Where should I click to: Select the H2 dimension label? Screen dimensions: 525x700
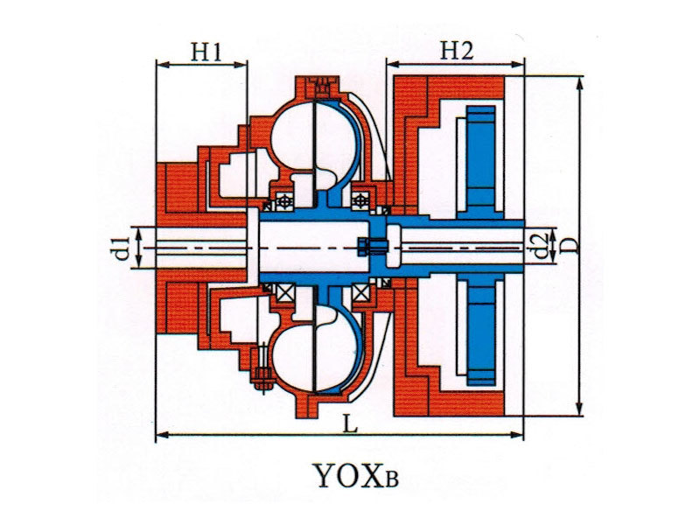pos(456,52)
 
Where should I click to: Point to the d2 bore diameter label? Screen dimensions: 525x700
pos(542,246)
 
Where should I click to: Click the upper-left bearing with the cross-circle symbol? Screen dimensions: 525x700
pos(282,200)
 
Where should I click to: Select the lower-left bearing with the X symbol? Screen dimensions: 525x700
pos(282,292)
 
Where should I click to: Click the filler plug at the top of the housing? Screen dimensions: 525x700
pos(321,87)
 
